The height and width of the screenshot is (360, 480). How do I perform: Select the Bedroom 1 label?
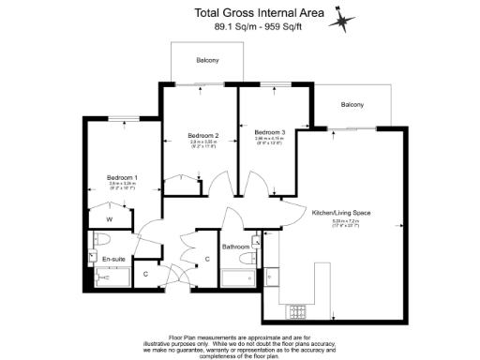click(x=122, y=178)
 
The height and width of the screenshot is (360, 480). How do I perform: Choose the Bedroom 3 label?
click(x=270, y=132)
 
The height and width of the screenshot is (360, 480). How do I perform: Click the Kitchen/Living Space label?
click(x=338, y=214)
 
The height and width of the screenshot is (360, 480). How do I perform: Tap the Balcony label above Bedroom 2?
click(x=207, y=60)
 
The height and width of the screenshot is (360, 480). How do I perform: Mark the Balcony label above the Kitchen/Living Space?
click(x=352, y=104)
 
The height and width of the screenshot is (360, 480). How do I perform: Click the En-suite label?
click(x=114, y=257)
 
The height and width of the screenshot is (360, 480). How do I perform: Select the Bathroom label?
click(x=235, y=247)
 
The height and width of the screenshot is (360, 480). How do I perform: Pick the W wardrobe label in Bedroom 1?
click(x=109, y=219)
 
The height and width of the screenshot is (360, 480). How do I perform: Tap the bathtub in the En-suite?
click(x=111, y=277)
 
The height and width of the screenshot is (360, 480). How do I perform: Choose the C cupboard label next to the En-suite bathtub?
click(x=145, y=275)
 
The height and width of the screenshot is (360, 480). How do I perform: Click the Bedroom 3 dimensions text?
click(x=270, y=142)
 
